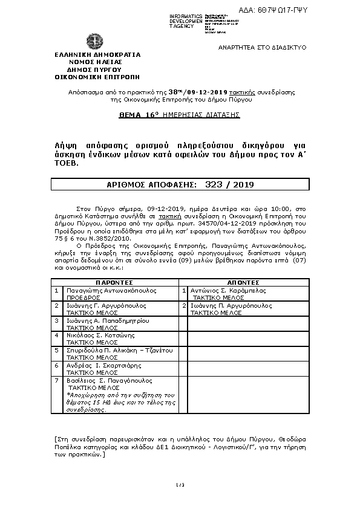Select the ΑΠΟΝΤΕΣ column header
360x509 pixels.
click(243, 282)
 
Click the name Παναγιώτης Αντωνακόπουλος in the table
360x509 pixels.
click(111, 290)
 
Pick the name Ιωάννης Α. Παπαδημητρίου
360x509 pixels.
click(107, 320)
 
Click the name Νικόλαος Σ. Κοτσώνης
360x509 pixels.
click(100, 335)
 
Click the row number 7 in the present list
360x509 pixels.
click(56, 381)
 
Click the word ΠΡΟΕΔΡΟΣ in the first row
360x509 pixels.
click(83, 298)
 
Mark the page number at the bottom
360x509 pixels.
click(180, 485)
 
